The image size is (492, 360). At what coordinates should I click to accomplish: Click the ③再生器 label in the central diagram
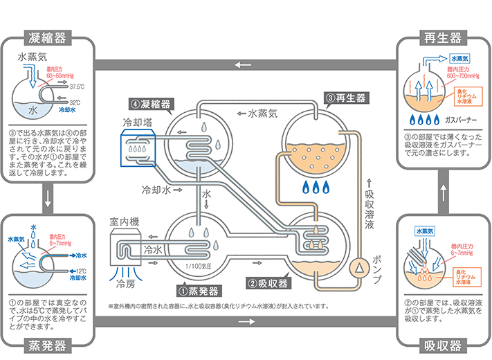(x=345, y=98)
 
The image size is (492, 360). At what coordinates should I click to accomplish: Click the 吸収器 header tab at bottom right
(x=444, y=345)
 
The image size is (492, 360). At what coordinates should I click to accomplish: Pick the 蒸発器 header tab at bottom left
(x=48, y=345)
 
